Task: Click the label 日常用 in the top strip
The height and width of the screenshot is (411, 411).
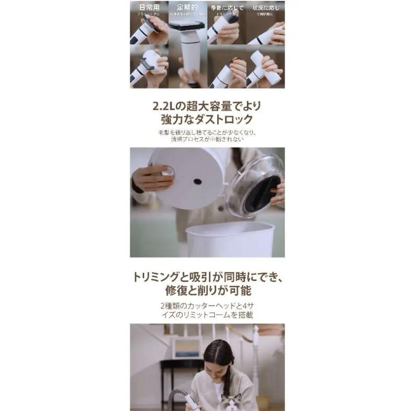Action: click(149, 8)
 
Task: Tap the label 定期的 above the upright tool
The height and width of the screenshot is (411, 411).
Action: click(188, 8)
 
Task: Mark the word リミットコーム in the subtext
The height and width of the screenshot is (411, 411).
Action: click(217, 315)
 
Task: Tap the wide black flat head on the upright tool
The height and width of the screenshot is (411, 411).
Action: click(188, 26)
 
